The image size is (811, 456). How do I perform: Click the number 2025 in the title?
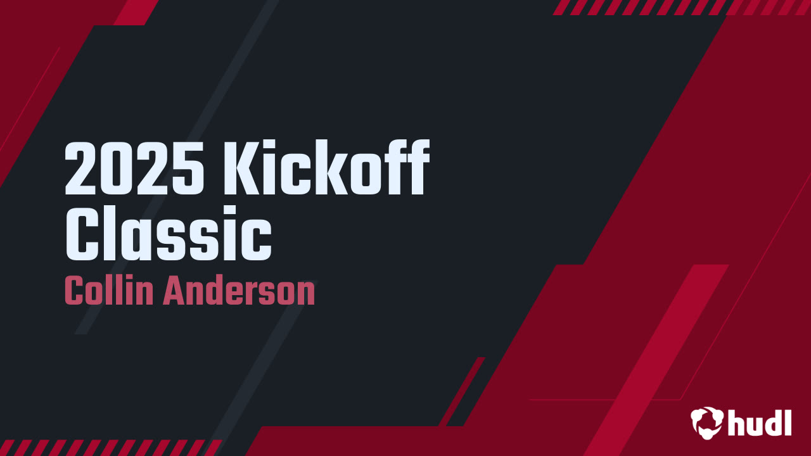coord(134,170)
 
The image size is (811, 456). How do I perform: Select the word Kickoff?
coord(324,170)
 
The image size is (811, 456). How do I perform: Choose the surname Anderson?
coord(239,291)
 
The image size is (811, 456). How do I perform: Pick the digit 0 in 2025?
coord(117,170)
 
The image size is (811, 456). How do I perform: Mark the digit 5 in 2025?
coord(189,170)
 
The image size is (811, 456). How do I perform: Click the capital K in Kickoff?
coord(238,170)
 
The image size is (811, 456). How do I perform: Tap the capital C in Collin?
coord(74,291)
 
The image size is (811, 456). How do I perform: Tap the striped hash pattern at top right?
coord(681,7)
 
